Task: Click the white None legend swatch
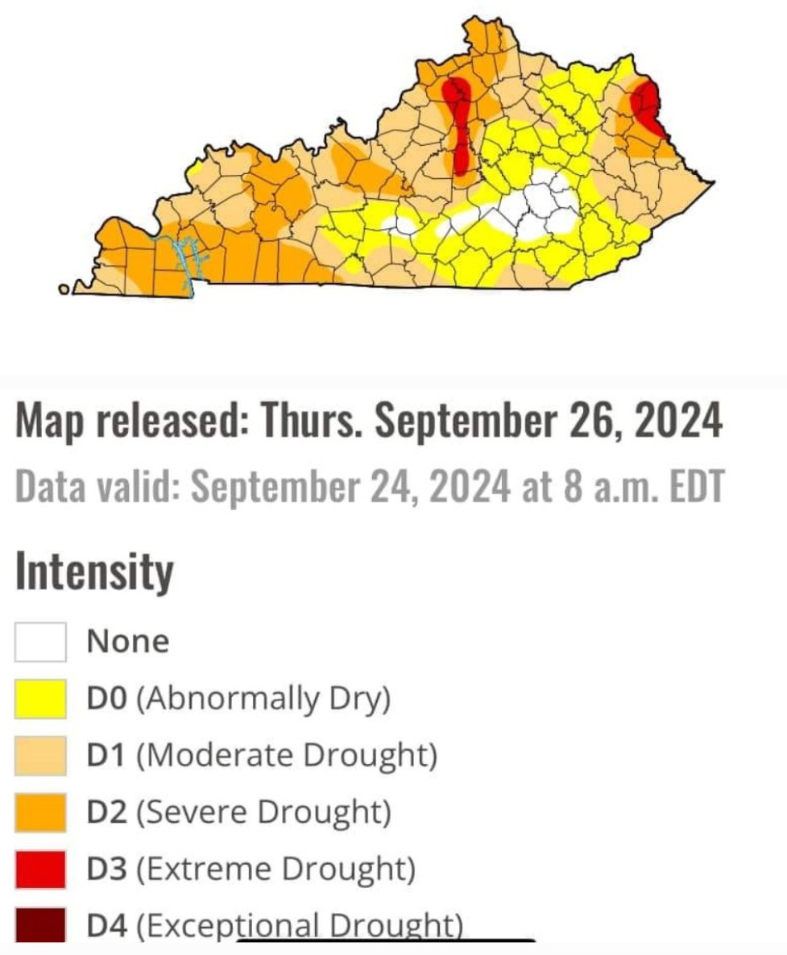click(x=39, y=642)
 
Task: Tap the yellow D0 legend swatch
click(x=39, y=698)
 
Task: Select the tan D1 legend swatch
click(x=39, y=755)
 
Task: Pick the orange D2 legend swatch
click(x=39, y=812)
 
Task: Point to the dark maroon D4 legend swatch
click(x=39, y=925)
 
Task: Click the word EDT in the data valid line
click(x=695, y=486)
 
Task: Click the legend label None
click(x=128, y=642)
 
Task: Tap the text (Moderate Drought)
click(x=287, y=755)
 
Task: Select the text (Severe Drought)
click(x=263, y=812)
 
